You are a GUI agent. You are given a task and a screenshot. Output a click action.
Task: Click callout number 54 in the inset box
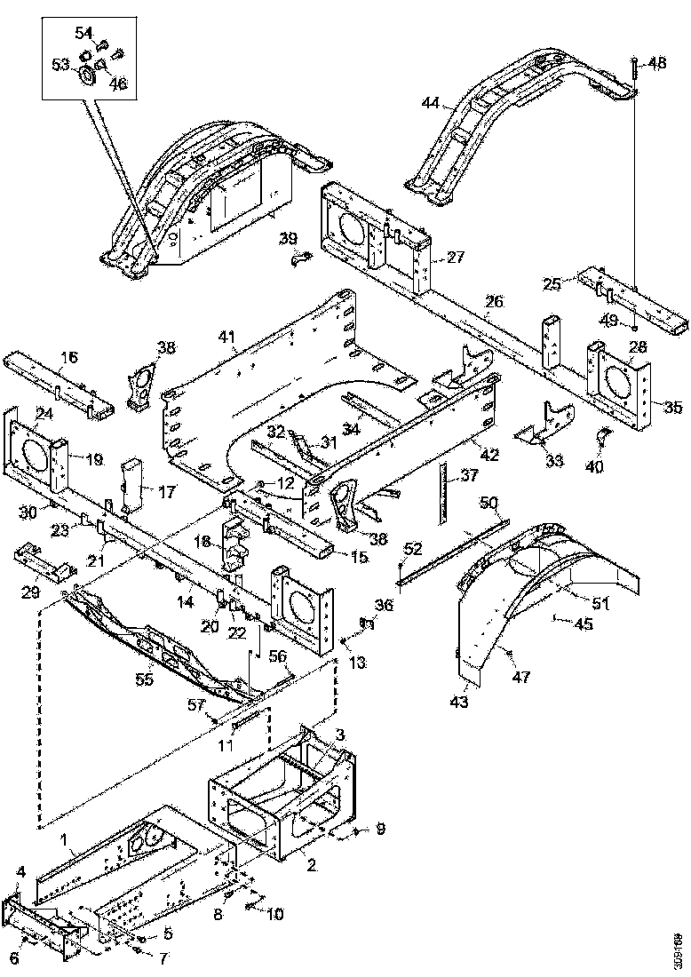pos(83,33)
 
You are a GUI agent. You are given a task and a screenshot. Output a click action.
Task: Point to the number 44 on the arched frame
pos(431,104)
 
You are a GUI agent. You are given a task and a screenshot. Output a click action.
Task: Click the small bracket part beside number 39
pos(302,259)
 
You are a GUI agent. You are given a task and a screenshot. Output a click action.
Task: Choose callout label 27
pos(456,258)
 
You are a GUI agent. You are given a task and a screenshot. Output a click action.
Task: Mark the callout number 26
pos(494,301)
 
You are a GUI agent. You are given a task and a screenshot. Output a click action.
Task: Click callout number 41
pos(228,336)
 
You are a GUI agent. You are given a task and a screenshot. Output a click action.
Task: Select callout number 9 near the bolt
pos(380,830)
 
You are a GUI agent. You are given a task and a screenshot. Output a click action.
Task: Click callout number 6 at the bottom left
pos(12,957)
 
